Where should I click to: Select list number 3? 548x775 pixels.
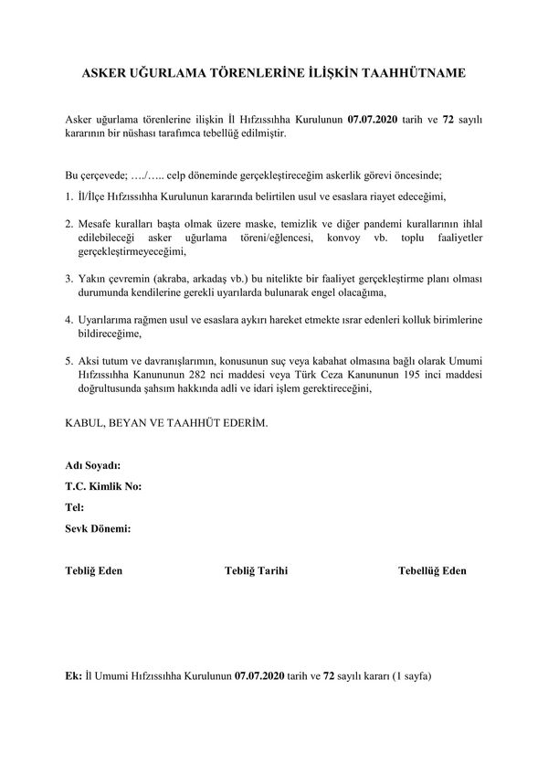click(68, 279)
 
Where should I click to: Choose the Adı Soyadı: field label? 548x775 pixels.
click(93, 466)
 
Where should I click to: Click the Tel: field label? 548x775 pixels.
click(75, 506)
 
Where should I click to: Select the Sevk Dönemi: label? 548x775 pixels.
click(99, 527)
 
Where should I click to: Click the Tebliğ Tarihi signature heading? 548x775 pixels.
click(257, 570)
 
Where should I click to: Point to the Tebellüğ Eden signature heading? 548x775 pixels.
click(432, 570)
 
